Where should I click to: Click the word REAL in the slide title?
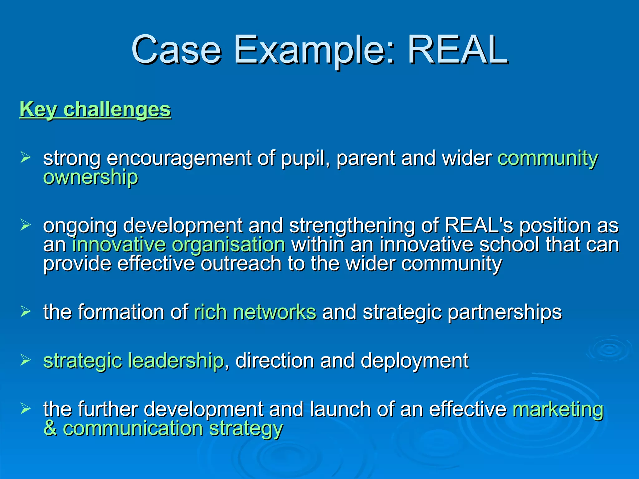pos(458,50)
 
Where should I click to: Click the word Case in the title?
pos(176,50)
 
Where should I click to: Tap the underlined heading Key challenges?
pos(95,110)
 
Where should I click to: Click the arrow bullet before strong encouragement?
pos(25,157)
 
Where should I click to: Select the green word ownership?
pos(90,177)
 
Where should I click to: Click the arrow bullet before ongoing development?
pos(25,225)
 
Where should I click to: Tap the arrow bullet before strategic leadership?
pos(25,360)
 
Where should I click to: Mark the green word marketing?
pos(558,409)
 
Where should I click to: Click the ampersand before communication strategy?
pos(50,428)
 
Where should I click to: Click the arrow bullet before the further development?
pos(25,408)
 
